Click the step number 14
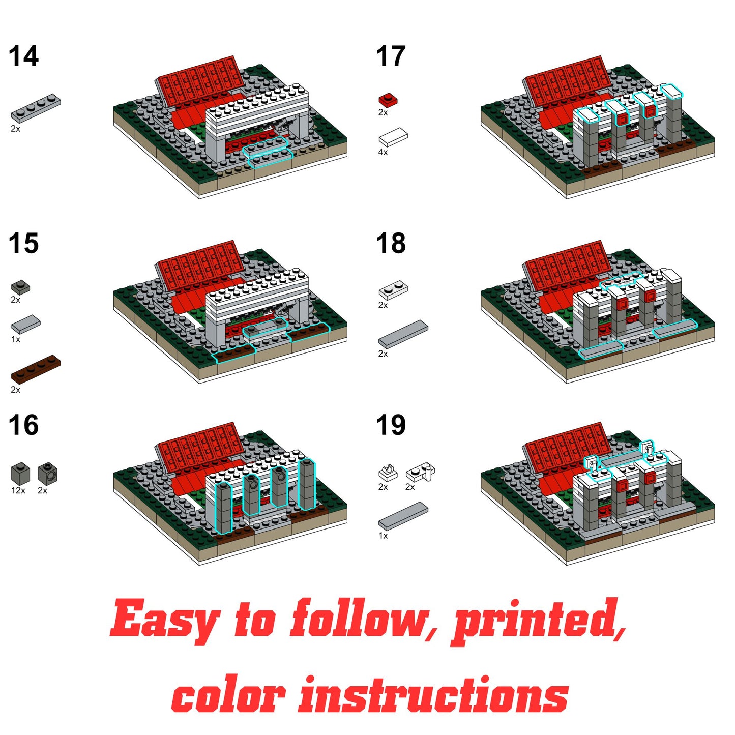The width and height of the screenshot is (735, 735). [23, 56]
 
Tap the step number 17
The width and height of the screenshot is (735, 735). [391, 56]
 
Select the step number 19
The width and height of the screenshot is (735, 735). [391, 425]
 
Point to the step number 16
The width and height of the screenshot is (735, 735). [23, 425]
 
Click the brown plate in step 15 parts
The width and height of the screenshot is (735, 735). [36, 369]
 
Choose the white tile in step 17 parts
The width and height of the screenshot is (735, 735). [393, 137]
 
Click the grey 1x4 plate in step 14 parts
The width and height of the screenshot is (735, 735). [36, 108]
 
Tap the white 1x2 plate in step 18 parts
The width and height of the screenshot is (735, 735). [393, 290]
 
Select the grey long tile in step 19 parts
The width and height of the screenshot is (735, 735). [403, 515]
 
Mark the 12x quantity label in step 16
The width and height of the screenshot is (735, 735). [18, 491]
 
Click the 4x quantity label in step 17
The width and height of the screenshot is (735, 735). [383, 152]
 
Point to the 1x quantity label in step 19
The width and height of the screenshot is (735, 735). [383, 536]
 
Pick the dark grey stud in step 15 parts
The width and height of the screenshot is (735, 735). [20, 287]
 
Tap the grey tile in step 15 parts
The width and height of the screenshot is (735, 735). [25, 323]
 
